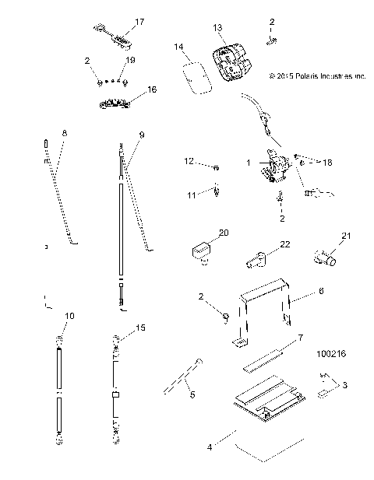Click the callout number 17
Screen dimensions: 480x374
click(139, 22)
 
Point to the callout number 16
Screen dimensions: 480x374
click(151, 89)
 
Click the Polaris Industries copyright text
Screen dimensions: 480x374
click(316, 77)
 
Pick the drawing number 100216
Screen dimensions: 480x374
click(331, 352)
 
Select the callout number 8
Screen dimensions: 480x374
click(64, 134)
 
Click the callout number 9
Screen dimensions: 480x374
click(141, 135)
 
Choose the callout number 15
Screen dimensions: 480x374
click(140, 328)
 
